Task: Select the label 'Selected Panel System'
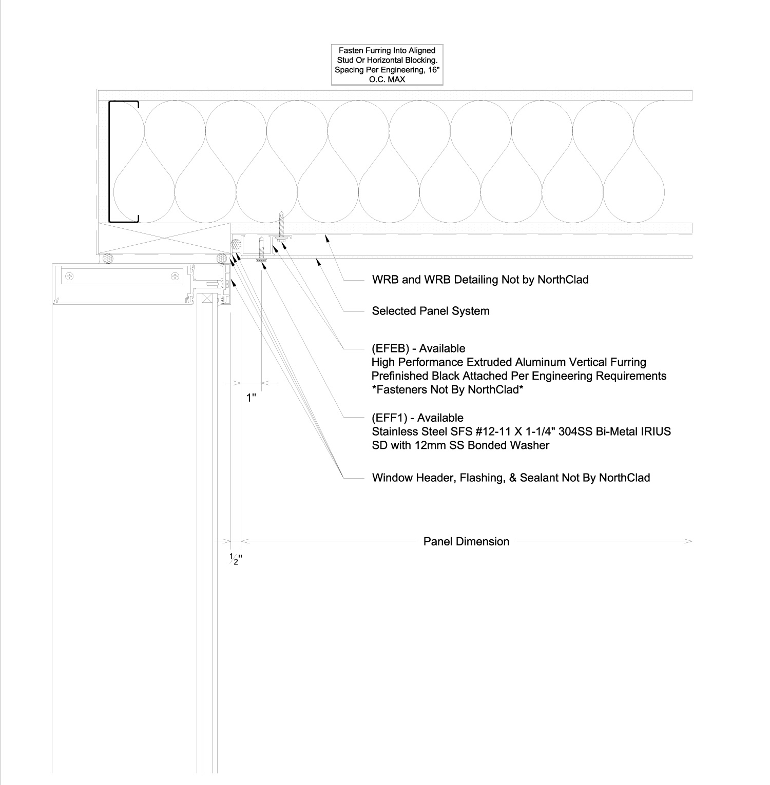tap(430, 311)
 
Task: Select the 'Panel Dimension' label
tap(466, 542)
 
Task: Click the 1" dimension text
tap(251, 398)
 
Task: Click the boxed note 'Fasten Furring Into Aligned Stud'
tap(387, 65)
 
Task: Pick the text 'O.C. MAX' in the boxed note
tap(387, 80)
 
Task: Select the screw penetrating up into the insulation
tap(281, 226)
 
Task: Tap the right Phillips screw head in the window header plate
tap(176, 277)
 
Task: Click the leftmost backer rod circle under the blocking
tap(108, 259)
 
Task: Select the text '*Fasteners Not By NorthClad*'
tap(447, 390)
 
